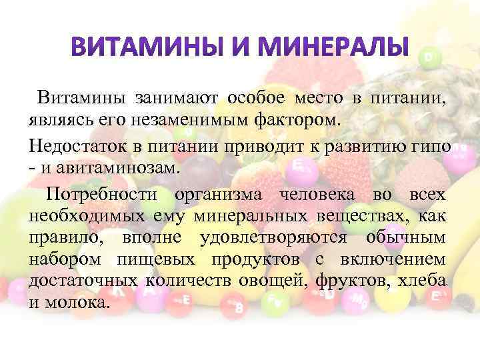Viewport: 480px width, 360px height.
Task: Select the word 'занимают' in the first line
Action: pyautogui.click(x=175, y=99)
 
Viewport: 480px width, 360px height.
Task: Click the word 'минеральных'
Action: pyautogui.click(x=240, y=216)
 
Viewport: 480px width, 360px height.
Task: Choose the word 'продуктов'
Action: pyautogui.click(x=255, y=261)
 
